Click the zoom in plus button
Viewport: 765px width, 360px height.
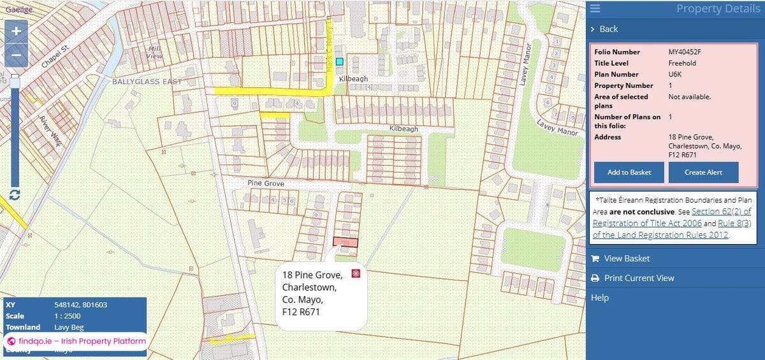click(16, 31)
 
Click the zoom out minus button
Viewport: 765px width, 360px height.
click(16, 55)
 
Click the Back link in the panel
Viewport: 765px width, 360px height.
click(608, 29)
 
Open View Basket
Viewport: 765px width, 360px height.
click(627, 258)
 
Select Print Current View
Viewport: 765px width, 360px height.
click(639, 278)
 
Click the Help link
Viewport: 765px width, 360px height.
click(600, 298)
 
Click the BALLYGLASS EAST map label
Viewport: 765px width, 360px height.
click(147, 82)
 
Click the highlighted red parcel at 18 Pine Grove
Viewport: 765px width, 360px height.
click(345, 242)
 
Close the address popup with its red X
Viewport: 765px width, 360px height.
click(356, 273)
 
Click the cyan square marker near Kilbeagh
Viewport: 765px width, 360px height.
click(340, 62)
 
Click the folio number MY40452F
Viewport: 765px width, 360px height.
click(683, 52)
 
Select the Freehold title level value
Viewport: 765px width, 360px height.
click(682, 63)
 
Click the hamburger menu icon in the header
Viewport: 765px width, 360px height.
click(595, 8)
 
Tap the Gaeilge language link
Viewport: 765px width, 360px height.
click(18, 9)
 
